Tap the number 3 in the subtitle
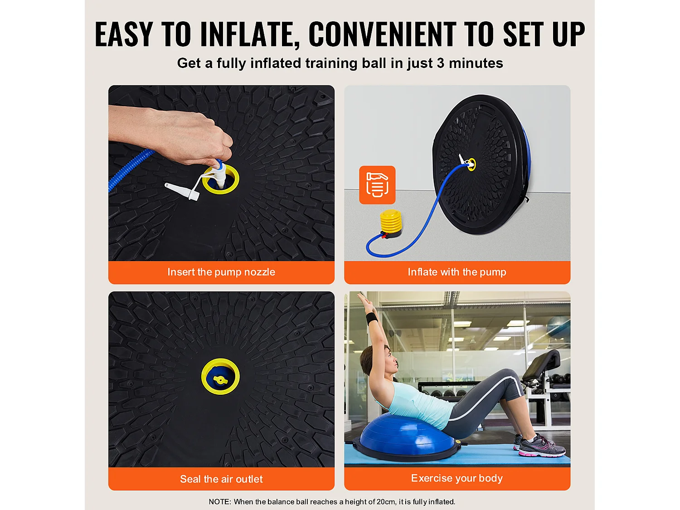tap(440, 63)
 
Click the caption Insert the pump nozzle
tap(221, 272)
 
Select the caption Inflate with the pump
tap(457, 272)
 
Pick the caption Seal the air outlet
tap(221, 479)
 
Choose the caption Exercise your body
tap(457, 478)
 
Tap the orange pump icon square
tap(377, 185)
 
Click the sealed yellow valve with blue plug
tap(220, 377)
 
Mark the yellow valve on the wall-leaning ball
tap(471, 164)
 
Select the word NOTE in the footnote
tap(219, 502)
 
